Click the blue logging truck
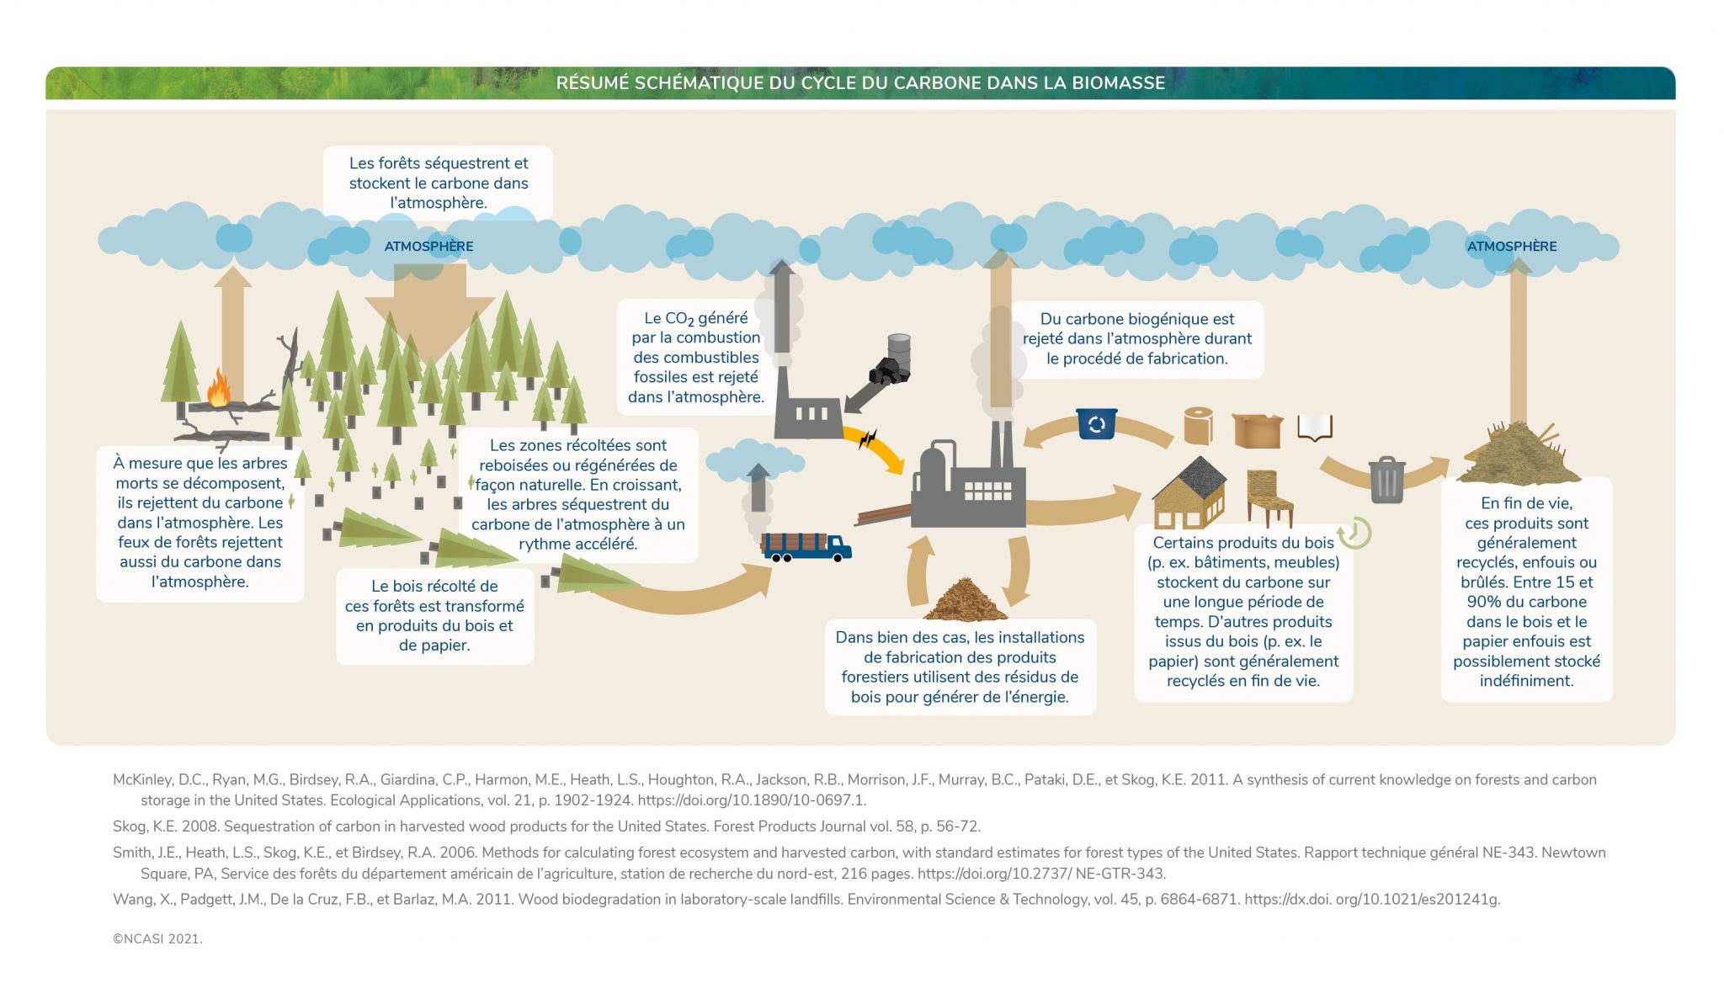coord(806,546)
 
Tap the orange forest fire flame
coord(219,388)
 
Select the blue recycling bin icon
coord(1096,423)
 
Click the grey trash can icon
coord(1386,480)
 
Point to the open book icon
coord(1314,427)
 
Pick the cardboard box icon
coord(1257,430)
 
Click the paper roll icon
coord(1197,426)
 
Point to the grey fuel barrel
coord(899,349)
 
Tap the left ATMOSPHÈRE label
coord(428,247)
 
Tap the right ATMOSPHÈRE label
coord(1511,247)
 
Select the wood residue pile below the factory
coord(964,599)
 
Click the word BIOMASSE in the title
coord(1121,83)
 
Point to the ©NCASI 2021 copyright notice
coord(157,939)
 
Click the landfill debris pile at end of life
coord(1519,454)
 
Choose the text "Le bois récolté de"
coord(434,587)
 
